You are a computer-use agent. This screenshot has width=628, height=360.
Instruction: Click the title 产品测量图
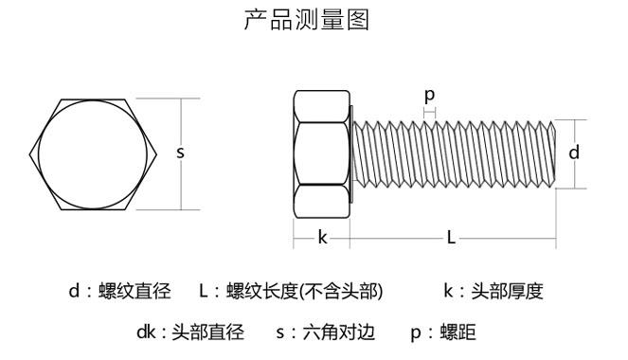coord(306,20)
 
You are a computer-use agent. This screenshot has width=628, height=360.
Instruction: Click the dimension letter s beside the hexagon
coord(180,153)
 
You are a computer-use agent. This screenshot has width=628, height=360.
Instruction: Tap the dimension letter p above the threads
coord(429,96)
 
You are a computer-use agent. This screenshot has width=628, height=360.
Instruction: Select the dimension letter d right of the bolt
coord(574,153)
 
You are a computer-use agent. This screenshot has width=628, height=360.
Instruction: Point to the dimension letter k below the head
coord(322,237)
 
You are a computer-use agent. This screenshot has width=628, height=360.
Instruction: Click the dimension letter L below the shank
coord(451,238)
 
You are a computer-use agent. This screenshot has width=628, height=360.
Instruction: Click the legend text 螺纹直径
coord(135,291)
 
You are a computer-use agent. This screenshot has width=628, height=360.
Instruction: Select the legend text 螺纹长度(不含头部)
coord(304,291)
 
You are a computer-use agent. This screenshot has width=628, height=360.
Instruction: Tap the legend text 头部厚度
coord(507,291)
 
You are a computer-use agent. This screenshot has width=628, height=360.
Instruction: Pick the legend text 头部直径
coord(207,333)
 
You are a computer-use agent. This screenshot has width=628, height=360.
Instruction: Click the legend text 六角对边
coord(339,333)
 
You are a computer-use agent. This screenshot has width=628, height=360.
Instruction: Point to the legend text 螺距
coord(458,333)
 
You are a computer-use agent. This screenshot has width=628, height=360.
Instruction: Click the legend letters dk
coord(146,333)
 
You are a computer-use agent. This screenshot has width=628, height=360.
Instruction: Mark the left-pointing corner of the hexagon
coord(29,154)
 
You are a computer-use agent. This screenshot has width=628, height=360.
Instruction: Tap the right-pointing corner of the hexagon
coord(157,154)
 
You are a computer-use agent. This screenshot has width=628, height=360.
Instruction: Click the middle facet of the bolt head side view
coord(322,153)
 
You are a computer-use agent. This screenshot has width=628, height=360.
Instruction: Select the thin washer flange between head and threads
coord(351,154)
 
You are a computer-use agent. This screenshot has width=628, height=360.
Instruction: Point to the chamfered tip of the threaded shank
coord(553,153)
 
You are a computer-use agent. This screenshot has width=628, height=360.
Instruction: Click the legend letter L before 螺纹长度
coord(204,291)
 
